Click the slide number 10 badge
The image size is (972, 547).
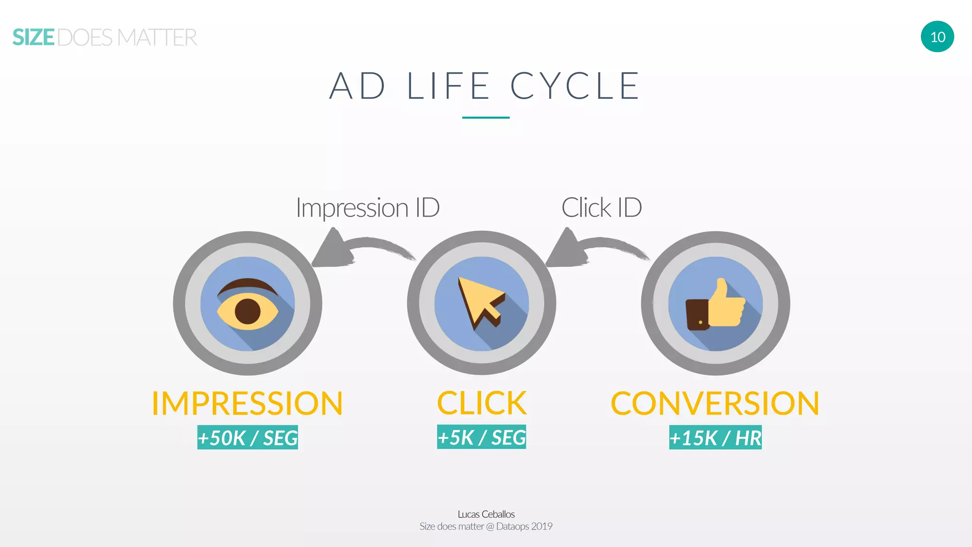coord(937,37)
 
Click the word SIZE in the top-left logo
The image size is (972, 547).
coord(33,38)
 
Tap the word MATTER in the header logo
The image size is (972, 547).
coord(157,38)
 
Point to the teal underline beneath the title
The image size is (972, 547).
coord(486,117)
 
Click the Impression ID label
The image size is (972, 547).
coord(367,207)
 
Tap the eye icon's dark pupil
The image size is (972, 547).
coord(248,311)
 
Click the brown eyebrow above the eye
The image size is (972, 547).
coord(247,285)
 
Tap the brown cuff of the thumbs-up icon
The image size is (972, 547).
coord(697,314)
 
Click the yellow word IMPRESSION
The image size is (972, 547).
coord(247,404)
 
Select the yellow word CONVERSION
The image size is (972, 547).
coord(715,404)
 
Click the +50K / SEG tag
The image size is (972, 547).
coord(247,437)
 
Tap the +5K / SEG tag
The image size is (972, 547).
coord(481,437)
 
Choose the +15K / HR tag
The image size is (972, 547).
coord(715,437)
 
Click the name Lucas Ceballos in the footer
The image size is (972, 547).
coord(486,514)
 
